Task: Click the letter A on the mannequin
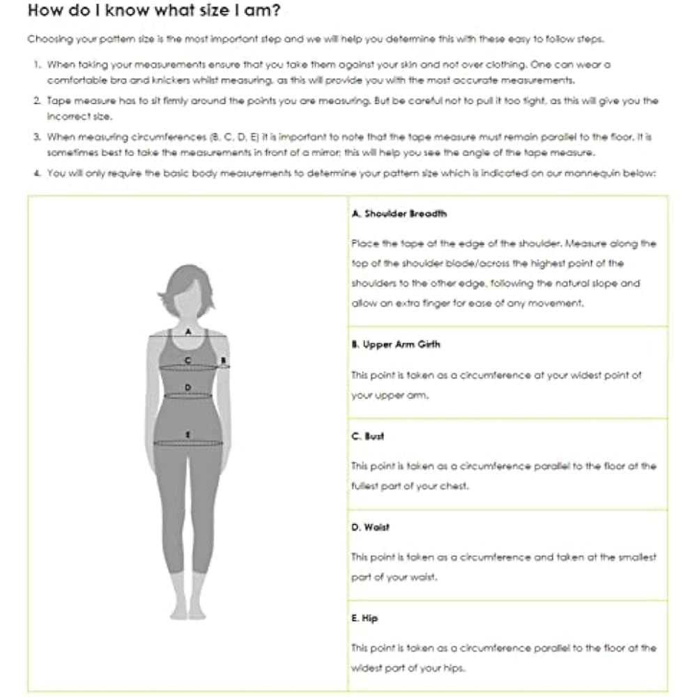click(x=187, y=332)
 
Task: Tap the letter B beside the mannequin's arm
click(x=222, y=360)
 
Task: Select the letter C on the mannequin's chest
click(x=187, y=360)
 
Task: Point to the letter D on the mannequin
click(x=187, y=387)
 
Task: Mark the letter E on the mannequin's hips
click(x=187, y=434)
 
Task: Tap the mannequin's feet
click(x=188, y=612)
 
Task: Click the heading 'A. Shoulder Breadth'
click(x=399, y=213)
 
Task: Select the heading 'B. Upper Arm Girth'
click(x=396, y=344)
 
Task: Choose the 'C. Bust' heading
click(x=368, y=436)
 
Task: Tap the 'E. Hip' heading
click(x=365, y=618)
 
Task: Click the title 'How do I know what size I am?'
click(x=155, y=12)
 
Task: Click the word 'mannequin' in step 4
click(x=592, y=174)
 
